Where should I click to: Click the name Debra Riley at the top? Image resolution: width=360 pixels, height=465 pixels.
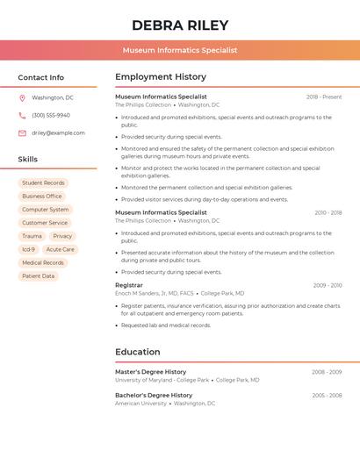click(x=180, y=25)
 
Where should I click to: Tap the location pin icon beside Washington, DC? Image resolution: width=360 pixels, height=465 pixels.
click(x=22, y=97)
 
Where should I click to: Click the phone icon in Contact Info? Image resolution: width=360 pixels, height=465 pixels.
click(x=22, y=115)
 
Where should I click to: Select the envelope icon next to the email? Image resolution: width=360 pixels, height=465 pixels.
click(x=22, y=133)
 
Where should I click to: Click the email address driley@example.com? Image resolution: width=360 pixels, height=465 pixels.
click(x=58, y=133)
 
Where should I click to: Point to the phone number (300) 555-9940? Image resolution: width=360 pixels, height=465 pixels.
click(x=51, y=115)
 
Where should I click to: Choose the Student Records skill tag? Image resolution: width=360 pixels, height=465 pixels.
click(x=43, y=183)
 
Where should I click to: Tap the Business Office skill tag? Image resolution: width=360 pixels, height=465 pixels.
click(x=42, y=197)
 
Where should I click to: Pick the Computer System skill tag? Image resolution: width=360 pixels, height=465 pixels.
click(x=45, y=210)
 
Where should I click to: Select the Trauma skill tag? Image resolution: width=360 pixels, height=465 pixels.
click(x=32, y=236)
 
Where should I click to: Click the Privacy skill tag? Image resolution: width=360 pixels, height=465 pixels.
click(x=62, y=236)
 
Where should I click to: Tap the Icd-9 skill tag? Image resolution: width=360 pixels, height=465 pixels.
click(x=29, y=249)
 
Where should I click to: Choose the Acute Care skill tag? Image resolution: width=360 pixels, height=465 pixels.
click(x=61, y=249)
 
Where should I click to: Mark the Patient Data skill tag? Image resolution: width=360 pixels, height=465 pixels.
click(x=38, y=275)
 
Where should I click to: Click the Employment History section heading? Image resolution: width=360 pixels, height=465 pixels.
click(x=161, y=77)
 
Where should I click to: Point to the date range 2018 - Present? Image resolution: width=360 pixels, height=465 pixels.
click(x=324, y=97)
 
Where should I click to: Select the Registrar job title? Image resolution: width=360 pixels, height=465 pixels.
click(x=128, y=285)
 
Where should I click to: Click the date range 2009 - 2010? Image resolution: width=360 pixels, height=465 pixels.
click(x=328, y=285)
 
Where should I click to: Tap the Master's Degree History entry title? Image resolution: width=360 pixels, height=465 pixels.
click(x=150, y=372)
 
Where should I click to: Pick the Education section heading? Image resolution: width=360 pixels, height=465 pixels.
click(x=138, y=352)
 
